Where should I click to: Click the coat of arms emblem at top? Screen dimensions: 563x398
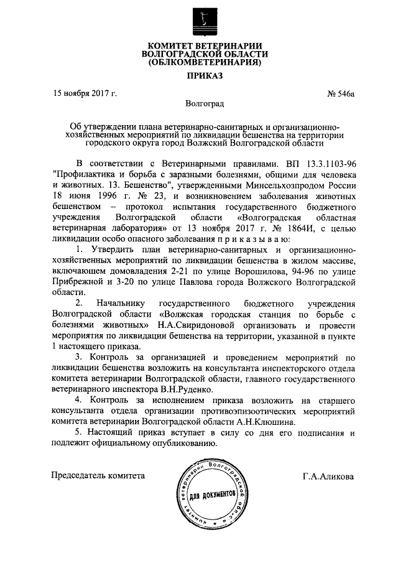tap(200, 20)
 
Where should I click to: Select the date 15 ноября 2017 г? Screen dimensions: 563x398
tap(85, 95)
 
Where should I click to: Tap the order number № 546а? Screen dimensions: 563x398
tap(340, 95)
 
